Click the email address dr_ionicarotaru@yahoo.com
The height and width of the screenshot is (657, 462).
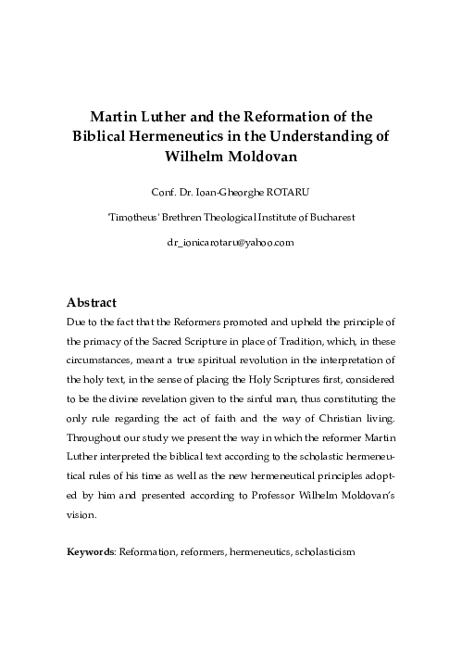[231, 242]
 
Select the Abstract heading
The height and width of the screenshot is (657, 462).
[94, 303]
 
